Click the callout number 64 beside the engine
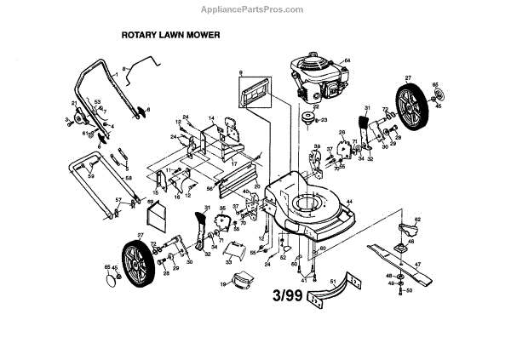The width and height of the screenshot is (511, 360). pyautogui.click(x=347, y=59)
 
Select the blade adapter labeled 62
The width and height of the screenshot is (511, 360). pyautogui.click(x=406, y=229)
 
